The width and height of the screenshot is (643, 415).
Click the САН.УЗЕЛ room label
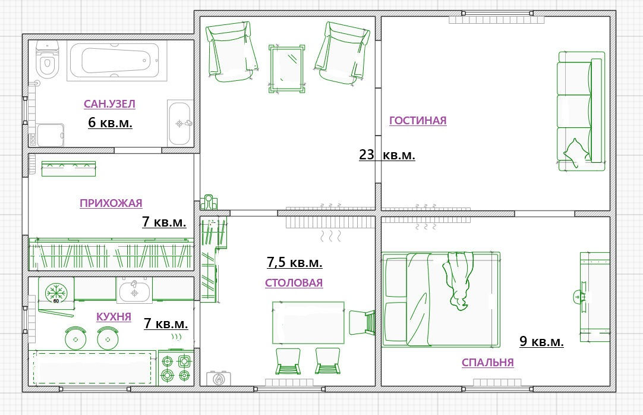[x=109, y=103]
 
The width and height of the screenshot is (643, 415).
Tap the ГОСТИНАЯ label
[x=417, y=121]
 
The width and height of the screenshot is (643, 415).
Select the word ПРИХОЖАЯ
[x=111, y=203]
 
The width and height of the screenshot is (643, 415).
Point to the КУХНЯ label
[x=114, y=316]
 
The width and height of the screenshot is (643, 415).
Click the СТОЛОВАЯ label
[x=294, y=282]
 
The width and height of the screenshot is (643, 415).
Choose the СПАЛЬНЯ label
[x=487, y=363]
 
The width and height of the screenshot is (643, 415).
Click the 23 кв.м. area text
[x=387, y=155]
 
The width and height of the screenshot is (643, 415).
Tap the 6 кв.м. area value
[x=110, y=122]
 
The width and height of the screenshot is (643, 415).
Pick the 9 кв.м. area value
[x=541, y=341]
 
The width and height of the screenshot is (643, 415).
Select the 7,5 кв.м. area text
[x=294, y=262]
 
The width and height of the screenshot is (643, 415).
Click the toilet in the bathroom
[x=47, y=59]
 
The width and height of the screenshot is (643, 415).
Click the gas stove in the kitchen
[x=176, y=367]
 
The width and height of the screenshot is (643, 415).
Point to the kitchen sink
[x=134, y=290]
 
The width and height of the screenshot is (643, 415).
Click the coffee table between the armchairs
[x=287, y=68]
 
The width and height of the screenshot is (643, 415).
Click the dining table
[x=308, y=323]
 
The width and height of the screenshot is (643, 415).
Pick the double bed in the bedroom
[x=441, y=300]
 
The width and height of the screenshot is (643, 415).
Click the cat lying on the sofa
[x=578, y=153]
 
